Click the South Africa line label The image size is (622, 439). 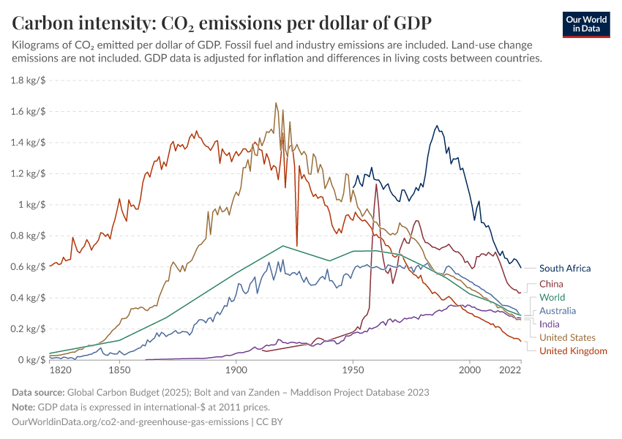click(564, 269)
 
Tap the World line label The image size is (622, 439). click(553, 298)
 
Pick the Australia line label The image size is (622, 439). click(558, 311)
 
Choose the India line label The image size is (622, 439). click(549, 324)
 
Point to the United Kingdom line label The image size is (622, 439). click(573, 351)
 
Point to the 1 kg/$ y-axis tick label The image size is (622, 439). click(31, 205)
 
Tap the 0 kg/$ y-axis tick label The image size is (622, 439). click(31, 360)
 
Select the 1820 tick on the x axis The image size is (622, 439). click(61, 372)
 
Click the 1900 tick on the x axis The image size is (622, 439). click(235, 372)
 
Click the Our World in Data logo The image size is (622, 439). click(585, 24)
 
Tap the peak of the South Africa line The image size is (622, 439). click(437, 126)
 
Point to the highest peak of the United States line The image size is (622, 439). click(276, 103)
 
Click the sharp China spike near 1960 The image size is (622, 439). click(376, 184)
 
